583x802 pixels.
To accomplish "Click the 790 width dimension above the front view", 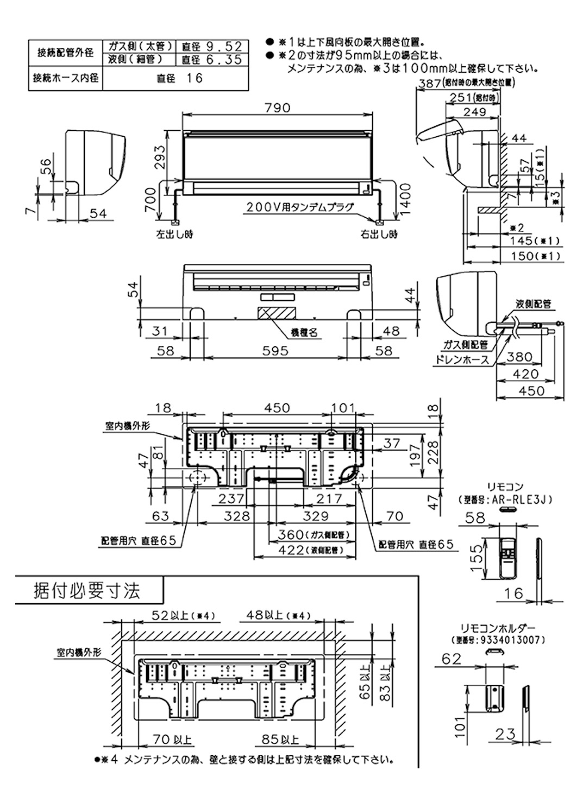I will click(278, 108).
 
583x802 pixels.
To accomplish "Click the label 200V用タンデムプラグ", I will click(299, 207).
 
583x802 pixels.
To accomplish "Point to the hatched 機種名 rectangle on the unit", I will click(275, 313).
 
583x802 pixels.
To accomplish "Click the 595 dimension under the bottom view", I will click(275, 351).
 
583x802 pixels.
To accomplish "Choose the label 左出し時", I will click(174, 235).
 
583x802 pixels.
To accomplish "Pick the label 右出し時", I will click(379, 235).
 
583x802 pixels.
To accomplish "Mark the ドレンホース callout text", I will click(461, 359).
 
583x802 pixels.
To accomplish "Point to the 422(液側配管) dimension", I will click(306, 550).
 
